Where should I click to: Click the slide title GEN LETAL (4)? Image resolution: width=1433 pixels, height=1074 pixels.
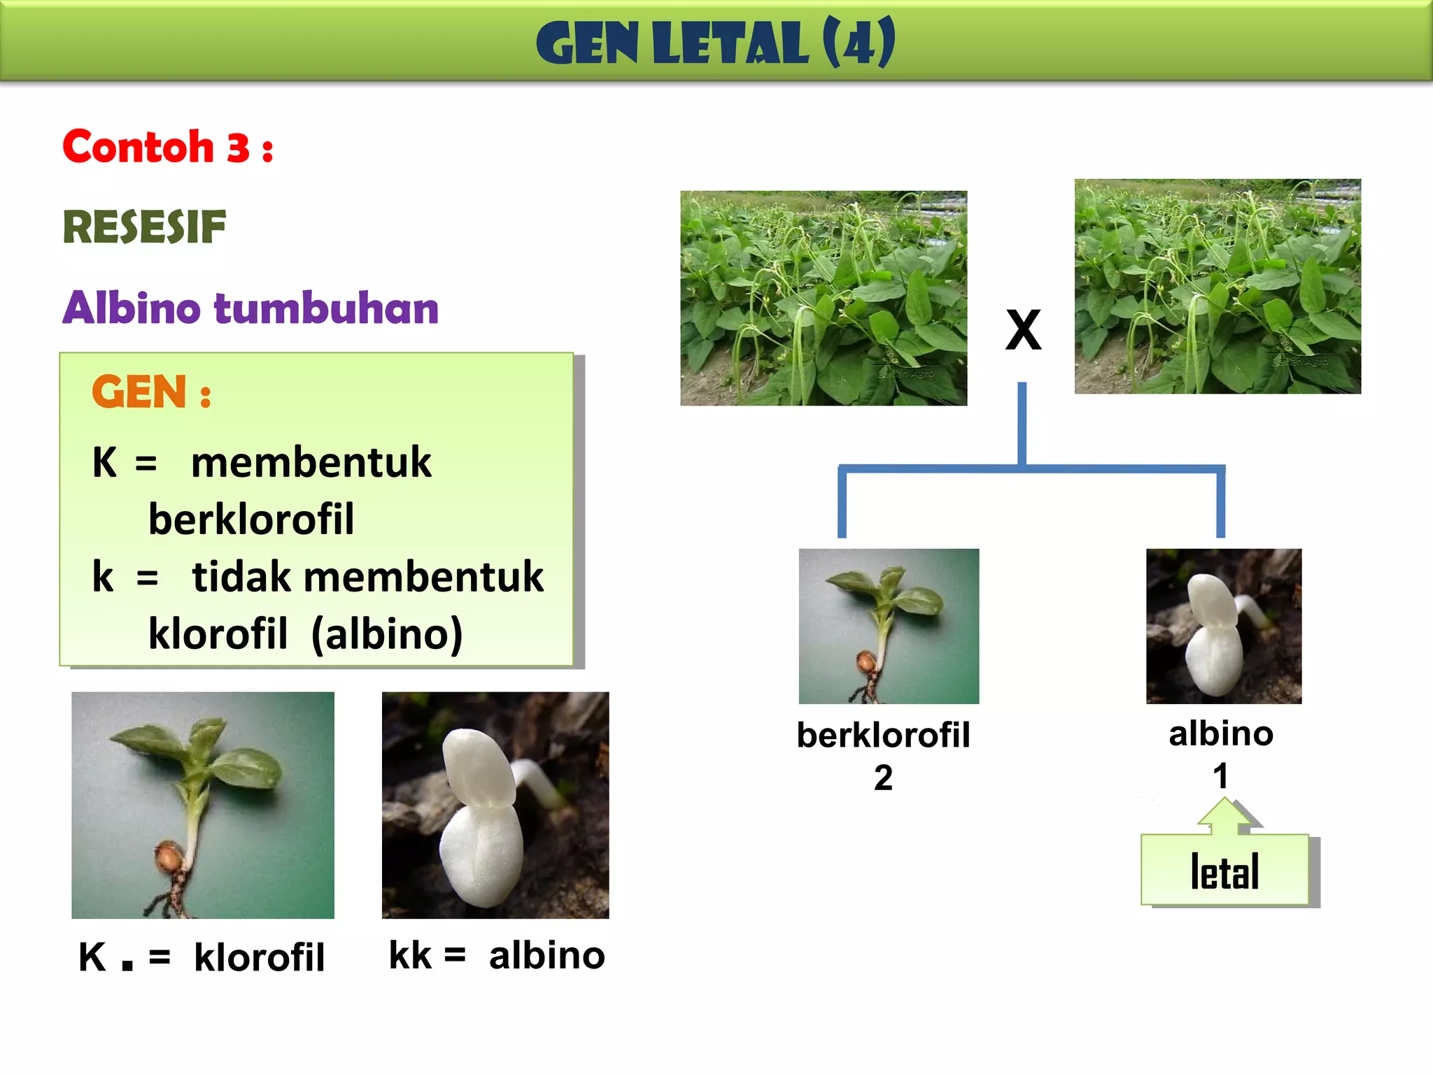point(715,43)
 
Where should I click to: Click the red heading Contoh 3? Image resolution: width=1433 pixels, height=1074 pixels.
point(168,148)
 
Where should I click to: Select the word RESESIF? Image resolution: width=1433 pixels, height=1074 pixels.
point(145,228)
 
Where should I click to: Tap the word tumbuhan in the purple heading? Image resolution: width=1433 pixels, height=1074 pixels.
point(326,308)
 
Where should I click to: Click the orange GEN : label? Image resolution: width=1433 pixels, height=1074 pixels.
point(151,392)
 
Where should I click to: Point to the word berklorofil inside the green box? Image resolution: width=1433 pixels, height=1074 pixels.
point(251,520)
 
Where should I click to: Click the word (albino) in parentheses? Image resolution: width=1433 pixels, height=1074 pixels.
point(386,634)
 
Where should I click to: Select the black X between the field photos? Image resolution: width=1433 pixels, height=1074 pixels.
point(1023,330)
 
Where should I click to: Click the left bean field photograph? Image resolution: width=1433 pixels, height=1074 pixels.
point(824,299)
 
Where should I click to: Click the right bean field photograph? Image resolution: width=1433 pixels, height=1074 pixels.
point(1217,287)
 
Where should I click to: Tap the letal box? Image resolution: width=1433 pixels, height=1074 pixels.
point(1224,871)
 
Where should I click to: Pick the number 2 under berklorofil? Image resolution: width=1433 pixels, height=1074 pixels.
point(883,778)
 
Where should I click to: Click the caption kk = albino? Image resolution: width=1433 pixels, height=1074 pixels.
point(496,956)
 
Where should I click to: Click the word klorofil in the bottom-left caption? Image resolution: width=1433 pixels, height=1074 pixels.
point(260,958)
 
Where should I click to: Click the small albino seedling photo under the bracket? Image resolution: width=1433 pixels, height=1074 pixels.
point(1224,626)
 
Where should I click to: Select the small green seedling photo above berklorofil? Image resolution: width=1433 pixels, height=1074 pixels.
point(889,626)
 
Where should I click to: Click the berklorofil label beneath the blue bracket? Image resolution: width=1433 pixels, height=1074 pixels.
point(883,736)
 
